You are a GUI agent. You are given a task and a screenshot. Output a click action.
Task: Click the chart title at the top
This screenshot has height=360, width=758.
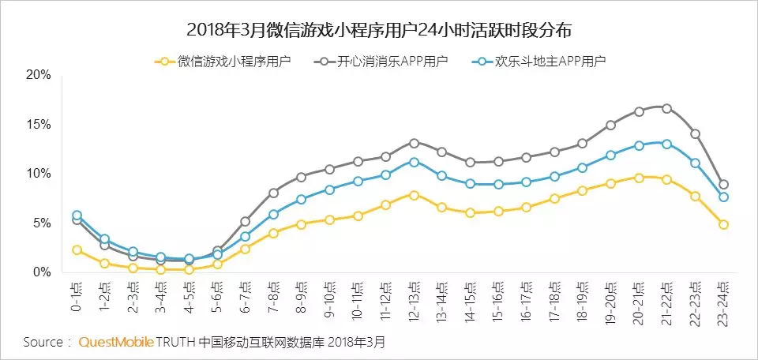[x=378, y=31]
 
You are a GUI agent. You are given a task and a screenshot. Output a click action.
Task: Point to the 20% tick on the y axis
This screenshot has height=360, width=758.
[x=38, y=75]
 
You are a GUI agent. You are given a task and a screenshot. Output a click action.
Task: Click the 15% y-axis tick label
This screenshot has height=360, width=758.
[x=38, y=125]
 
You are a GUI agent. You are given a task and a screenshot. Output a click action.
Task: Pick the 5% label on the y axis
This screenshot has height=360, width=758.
[x=41, y=223]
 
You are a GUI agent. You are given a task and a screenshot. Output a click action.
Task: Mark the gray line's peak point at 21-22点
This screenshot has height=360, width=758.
[x=667, y=108]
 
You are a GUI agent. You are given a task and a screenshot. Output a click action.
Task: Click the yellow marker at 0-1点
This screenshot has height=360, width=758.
[x=77, y=249]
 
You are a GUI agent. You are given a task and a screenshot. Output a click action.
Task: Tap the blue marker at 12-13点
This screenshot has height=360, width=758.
[x=414, y=162]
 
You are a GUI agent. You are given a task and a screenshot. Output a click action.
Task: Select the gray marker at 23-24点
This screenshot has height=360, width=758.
[x=723, y=184]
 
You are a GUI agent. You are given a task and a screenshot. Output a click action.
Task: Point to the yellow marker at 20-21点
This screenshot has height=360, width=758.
[x=639, y=178]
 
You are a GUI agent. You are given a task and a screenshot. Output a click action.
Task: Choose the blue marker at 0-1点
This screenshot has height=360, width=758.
[x=77, y=215]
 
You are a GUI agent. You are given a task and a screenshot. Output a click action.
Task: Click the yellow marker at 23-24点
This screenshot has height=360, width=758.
[x=723, y=224]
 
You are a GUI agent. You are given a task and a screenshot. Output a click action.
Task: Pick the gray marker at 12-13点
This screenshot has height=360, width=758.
[x=414, y=143]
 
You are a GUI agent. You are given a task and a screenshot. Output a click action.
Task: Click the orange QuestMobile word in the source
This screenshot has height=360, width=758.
[x=115, y=343]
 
